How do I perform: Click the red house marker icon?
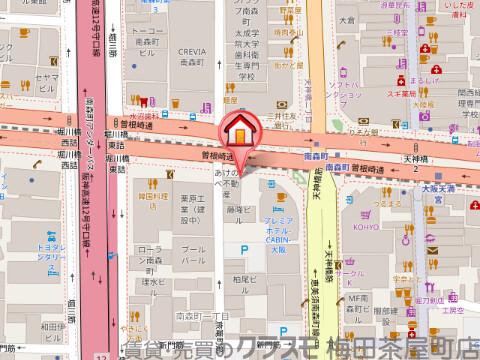pyautogui.click(x=240, y=131)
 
